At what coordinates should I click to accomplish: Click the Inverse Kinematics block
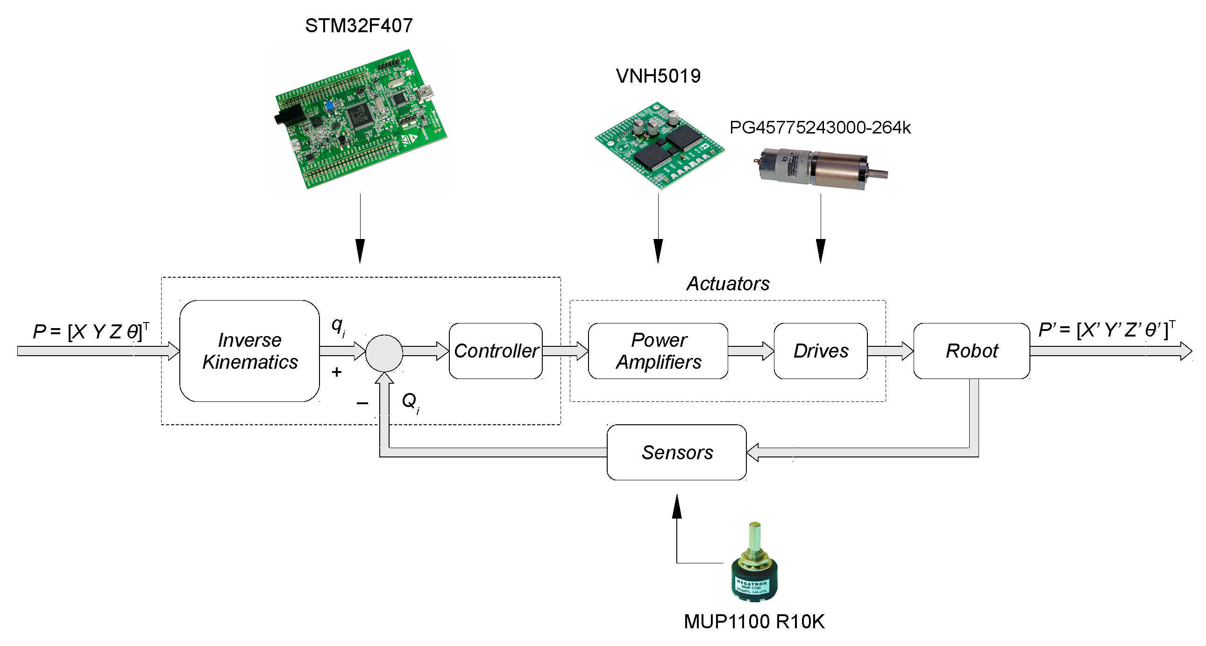click(x=249, y=351)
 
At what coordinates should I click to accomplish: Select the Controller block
click(x=496, y=351)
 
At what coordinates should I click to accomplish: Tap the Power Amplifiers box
click(x=658, y=351)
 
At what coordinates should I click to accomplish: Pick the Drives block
click(x=820, y=351)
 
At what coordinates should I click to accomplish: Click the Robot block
click(x=972, y=351)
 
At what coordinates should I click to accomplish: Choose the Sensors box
click(x=676, y=452)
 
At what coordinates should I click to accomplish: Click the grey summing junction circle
click(x=384, y=353)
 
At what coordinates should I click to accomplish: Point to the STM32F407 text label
click(x=359, y=26)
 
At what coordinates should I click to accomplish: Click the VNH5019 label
click(x=658, y=76)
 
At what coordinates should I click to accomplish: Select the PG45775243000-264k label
click(x=820, y=127)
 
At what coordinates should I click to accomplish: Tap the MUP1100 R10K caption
click(x=754, y=622)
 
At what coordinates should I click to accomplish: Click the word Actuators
click(x=728, y=283)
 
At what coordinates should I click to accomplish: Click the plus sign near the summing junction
click(x=337, y=372)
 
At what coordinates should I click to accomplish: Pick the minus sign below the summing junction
click(x=362, y=403)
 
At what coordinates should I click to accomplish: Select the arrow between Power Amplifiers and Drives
click(x=751, y=351)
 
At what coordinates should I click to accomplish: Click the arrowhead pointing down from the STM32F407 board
click(x=360, y=251)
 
